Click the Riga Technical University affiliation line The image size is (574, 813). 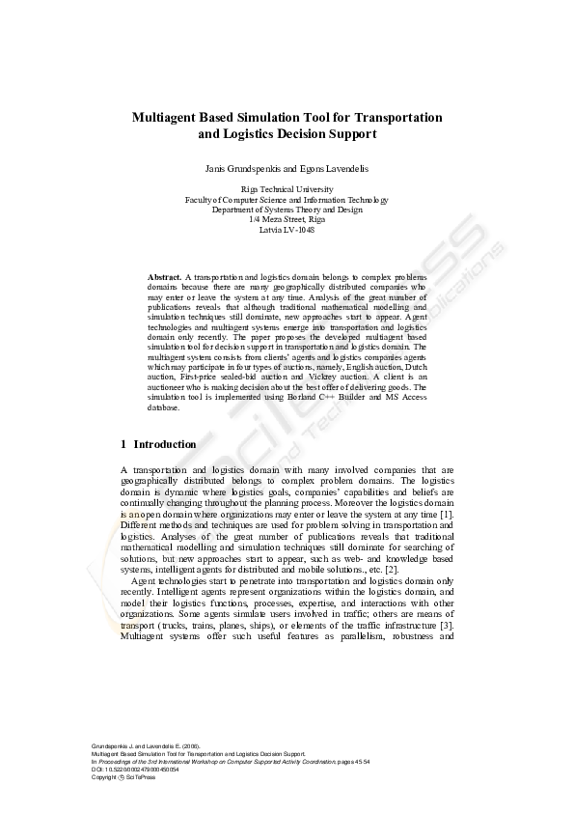pyautogui.click(x=287, y=190)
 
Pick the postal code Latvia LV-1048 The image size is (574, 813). pyautogui.click(x=287, y=230)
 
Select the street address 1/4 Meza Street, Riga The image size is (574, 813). pyautogui.click(x=287, y=220)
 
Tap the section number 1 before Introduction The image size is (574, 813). pyautogui.click(x=123, y=444)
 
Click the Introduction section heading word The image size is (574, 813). pyautogui.click(x=165, y=444)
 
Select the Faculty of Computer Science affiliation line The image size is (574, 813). pyautogui.click(x=287, y=200)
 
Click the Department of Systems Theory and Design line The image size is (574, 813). pyautogui.click(x=287, y=210)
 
